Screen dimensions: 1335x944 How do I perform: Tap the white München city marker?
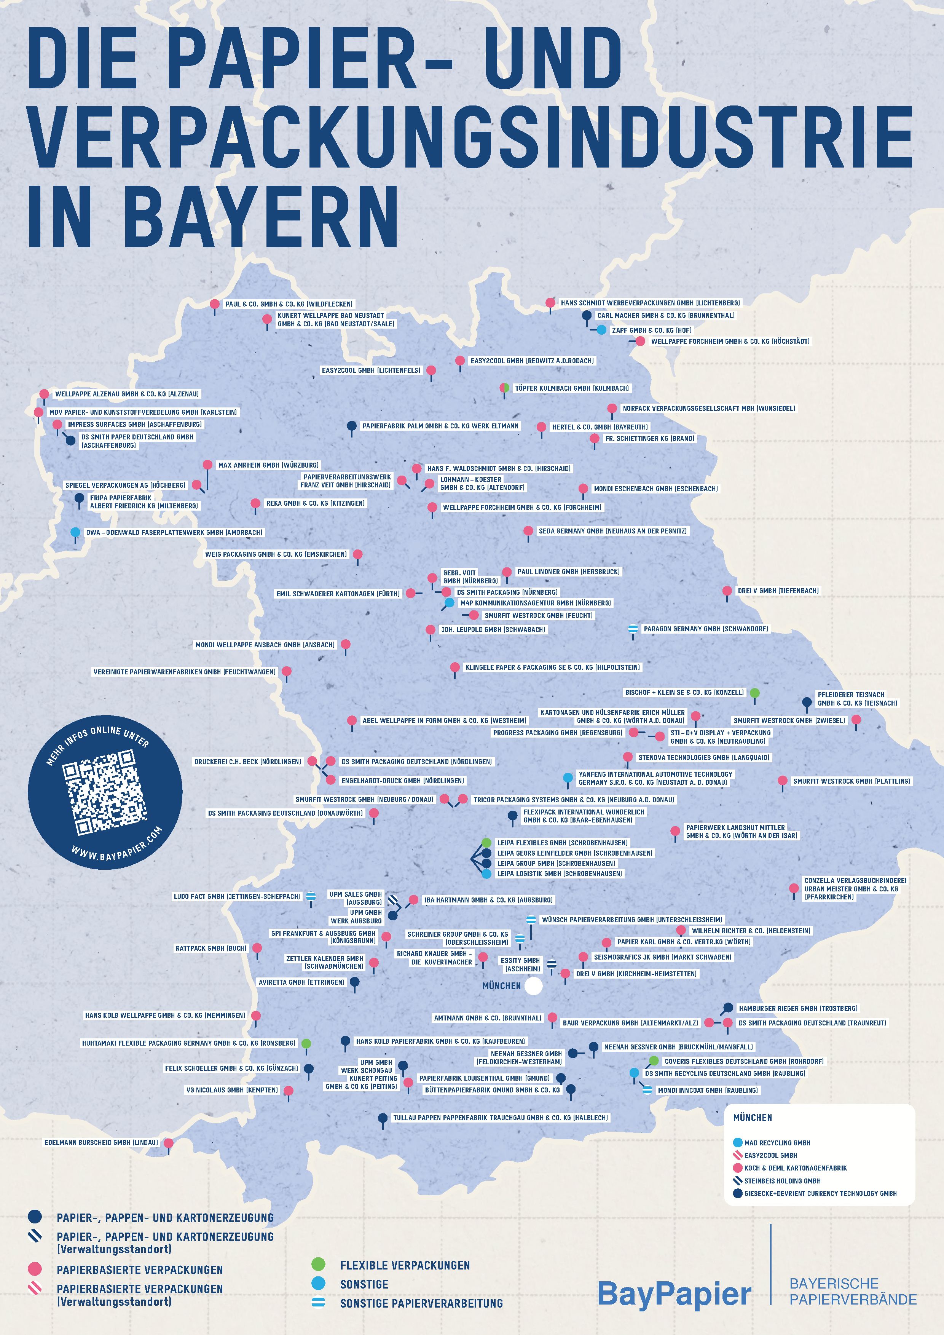[x=533, y=985]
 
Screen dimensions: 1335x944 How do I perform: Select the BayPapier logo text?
[x=674, y=1294]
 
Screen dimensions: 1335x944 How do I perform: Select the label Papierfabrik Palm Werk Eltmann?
[x=440, y=426]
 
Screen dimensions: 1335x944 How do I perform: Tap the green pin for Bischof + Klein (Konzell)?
[x=754, y=693]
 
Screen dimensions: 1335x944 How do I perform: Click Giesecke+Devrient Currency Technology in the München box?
[x=820, y=1193]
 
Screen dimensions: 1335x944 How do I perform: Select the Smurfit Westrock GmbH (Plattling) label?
[x=851, y=781]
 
